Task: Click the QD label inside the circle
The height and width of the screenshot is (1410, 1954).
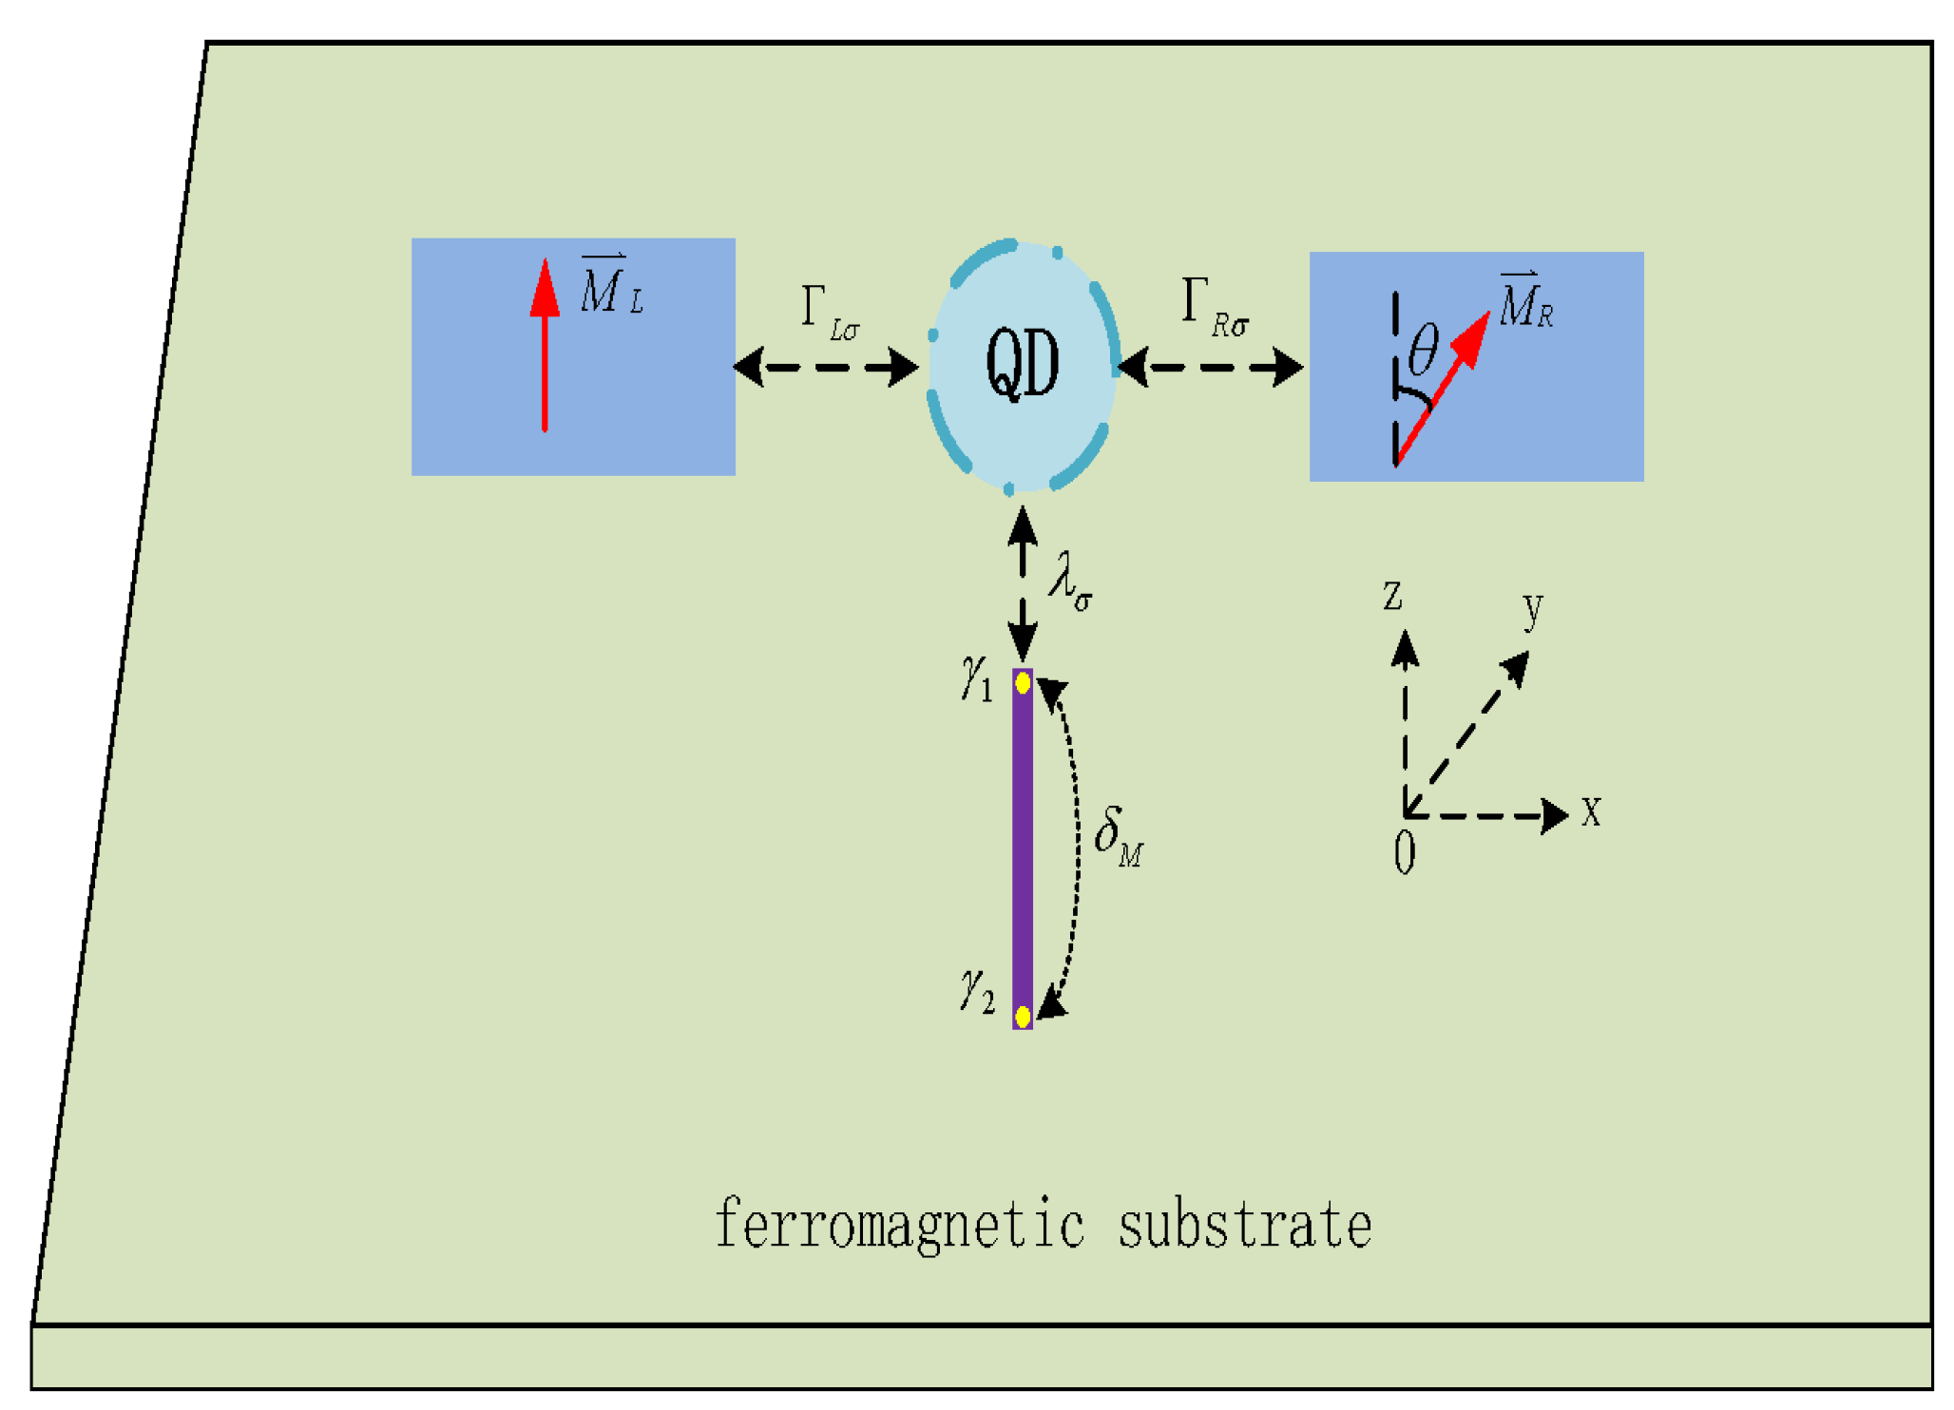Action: click(1022, 363)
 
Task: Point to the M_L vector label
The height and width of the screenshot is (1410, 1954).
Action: click(610, 286)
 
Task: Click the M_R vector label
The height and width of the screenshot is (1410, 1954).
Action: click(1525, 302)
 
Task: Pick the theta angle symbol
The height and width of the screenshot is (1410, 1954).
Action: click(1423, 349)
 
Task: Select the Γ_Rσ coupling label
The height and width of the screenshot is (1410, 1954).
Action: click(1214, 309)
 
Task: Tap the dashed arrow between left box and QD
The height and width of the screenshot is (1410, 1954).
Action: click(826, 367)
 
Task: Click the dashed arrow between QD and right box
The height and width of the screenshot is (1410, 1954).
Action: click(1211, 367)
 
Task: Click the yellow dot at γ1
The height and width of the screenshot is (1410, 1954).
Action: click(1023, 682)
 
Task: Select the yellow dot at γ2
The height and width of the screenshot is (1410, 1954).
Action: click(1023, 1017)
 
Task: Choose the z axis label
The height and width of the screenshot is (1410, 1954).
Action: click(1392, 596)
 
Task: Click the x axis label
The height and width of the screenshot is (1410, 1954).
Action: click(1591, 812)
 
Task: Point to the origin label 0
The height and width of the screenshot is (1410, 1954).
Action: click(1404, 852)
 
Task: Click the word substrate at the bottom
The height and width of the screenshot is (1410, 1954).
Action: click(1245, 1226)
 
